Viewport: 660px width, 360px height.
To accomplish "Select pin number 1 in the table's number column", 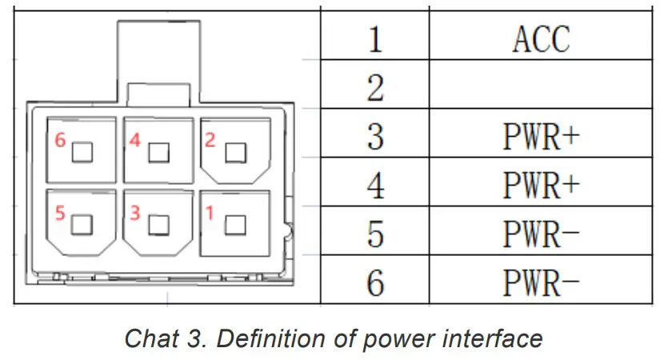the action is pos(375,39).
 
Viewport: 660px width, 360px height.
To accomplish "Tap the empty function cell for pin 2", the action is pos(541,84).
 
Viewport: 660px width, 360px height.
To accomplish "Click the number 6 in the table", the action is pos(375,283).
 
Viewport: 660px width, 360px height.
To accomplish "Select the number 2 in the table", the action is pos(375,87).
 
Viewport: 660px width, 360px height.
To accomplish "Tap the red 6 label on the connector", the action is pos(60,140).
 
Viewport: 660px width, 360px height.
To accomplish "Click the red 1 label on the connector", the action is pos(210,213).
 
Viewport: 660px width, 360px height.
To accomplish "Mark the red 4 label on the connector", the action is pos(134,140).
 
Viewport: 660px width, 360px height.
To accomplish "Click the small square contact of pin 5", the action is pos(82,225).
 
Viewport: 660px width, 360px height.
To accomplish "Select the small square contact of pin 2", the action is pos(236,153).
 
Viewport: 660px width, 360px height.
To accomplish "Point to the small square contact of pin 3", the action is pos(159,225).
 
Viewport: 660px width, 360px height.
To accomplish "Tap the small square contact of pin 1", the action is pos(236,225).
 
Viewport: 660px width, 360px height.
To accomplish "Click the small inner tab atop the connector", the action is pos(158,94).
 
